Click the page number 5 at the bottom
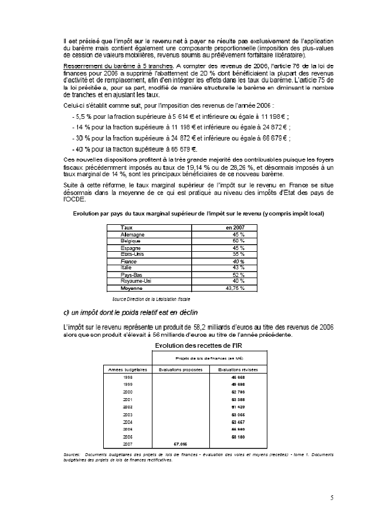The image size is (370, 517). point(332,498)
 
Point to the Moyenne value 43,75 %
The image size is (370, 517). point(235,288)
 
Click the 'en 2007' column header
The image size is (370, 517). point(235,227)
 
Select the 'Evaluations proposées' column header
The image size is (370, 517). point(181,369)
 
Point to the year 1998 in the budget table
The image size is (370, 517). point(128,378)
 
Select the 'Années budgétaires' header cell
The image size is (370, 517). point(128,369)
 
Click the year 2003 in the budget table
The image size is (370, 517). point(128,415)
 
